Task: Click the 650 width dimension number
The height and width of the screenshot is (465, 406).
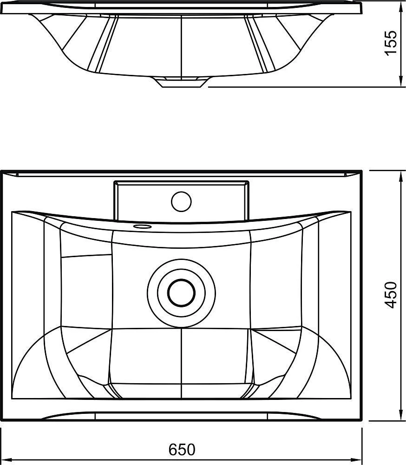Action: click(x=182, y=450)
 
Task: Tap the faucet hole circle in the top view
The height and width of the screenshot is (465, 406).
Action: click(x=181, y=202)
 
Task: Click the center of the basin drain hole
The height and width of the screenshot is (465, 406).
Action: click(x=181, y=293)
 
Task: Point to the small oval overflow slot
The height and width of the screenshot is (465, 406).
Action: click(x=143, y=227)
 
